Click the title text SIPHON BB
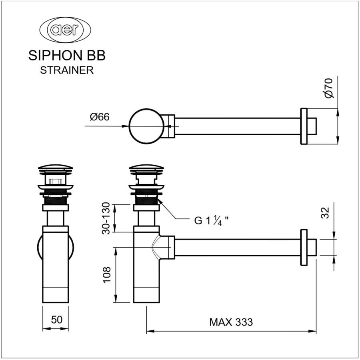pos(67,56)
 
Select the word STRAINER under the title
pos(67,70)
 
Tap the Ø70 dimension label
pos(328,88)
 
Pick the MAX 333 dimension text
pos(231,322)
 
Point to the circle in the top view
pos(146,126)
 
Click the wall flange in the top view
pos(304,126)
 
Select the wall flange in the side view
pos(304,247)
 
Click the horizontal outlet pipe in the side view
pos(238,247)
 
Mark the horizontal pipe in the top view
pos(238,126)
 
